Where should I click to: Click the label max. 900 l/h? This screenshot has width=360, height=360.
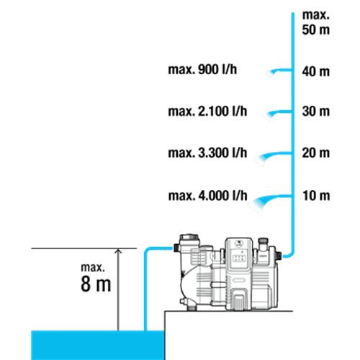202,70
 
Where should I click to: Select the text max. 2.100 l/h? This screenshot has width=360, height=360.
207,112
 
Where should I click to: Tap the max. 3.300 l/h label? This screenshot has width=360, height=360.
207,153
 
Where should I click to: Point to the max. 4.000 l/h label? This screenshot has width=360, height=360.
207,196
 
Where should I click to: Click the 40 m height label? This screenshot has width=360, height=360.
316,71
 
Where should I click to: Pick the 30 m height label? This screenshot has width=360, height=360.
316,112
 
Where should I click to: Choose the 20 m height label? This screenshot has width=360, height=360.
316,153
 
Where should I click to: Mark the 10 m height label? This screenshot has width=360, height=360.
316,196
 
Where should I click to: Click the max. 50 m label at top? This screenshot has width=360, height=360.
316,22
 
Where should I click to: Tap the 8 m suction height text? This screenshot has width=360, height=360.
96,284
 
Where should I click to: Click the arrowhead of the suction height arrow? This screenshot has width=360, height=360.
118,251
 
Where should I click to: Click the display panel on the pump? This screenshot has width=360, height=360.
239,258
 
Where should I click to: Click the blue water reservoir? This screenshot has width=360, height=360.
98,345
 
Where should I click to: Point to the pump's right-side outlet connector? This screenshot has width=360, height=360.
279,255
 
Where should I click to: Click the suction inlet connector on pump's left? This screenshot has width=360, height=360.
176,248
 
